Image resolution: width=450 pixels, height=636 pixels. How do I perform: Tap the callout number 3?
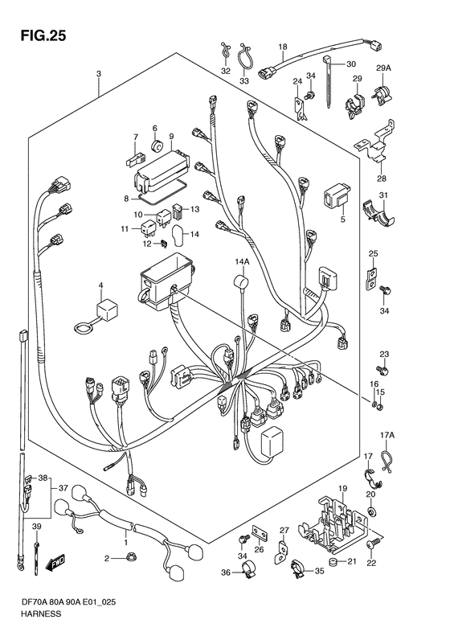(x=98, y=74)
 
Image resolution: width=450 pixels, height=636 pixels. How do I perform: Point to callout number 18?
(x=282, y=47)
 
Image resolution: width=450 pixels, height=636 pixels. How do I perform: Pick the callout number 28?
(x=382, y=178)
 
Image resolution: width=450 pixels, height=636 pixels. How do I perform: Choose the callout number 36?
(x=226, y=572)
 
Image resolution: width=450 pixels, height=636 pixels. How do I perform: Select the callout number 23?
(x=384, y=355)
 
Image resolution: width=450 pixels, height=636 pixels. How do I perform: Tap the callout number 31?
(x=383, y=197)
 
